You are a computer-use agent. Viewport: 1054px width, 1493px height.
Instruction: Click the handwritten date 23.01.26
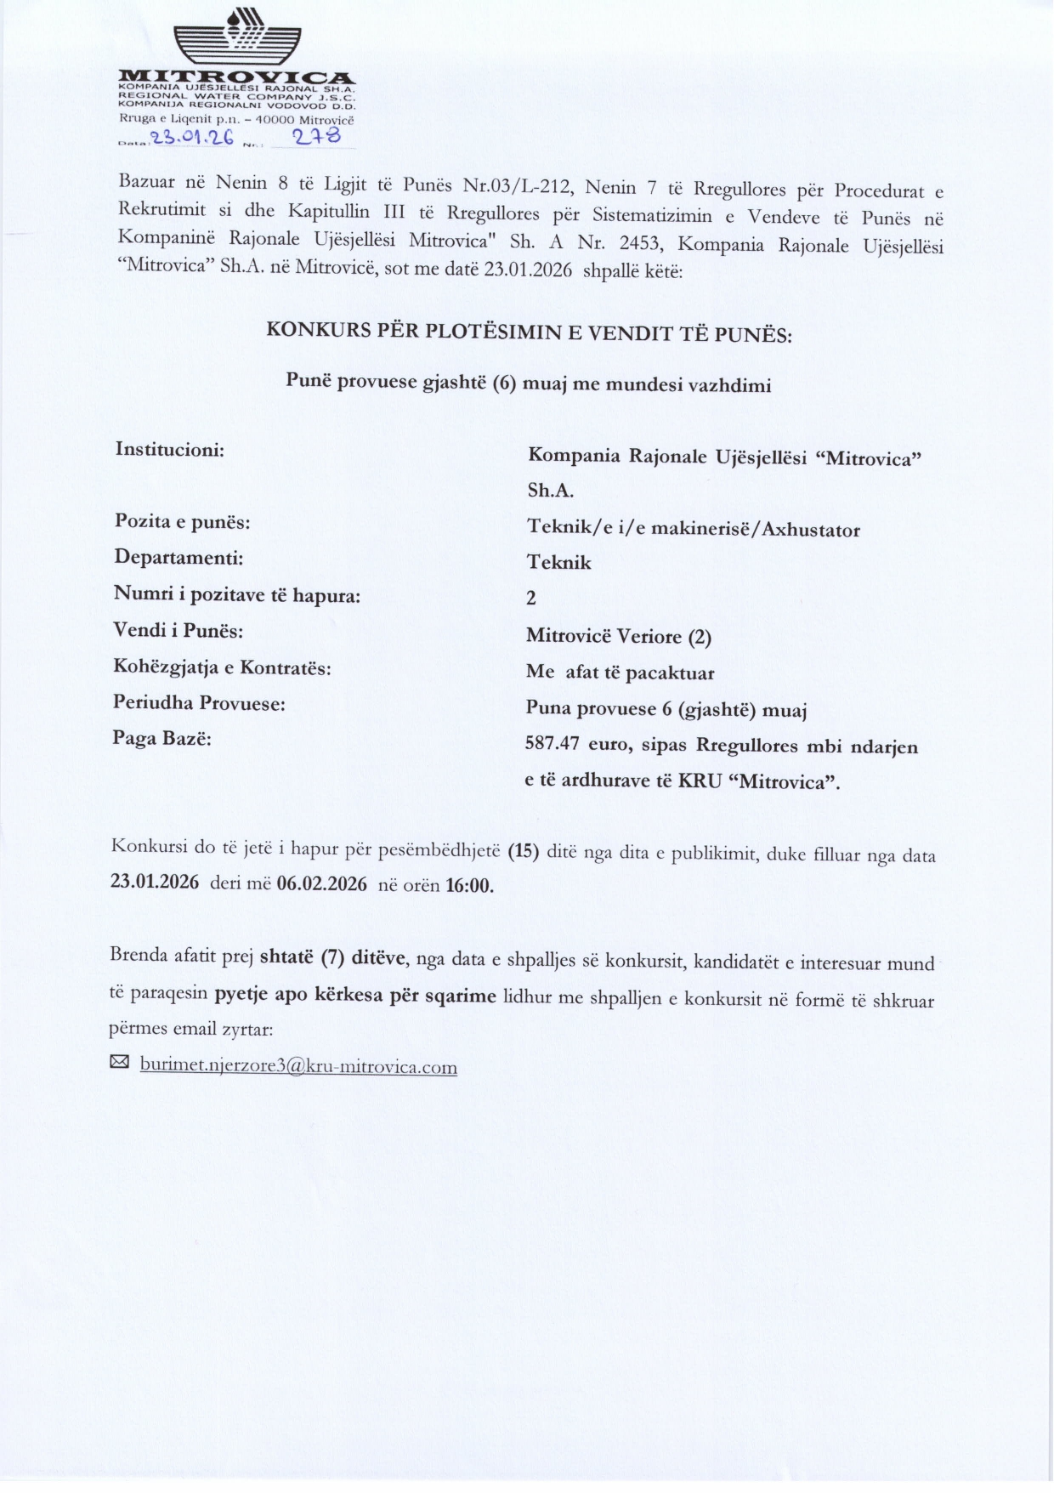click(191, 139)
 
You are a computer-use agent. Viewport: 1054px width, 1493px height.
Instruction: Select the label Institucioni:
click(170, 449)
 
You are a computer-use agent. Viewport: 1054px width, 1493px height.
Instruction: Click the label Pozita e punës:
click(183, 521)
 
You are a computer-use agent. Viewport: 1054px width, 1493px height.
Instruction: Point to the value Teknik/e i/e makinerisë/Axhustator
click(694, 529)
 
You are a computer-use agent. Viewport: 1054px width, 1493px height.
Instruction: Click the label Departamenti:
click(178, 558)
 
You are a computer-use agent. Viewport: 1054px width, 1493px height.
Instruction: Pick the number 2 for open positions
click(531, 599)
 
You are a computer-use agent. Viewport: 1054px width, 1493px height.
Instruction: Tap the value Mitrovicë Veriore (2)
click(619, 636)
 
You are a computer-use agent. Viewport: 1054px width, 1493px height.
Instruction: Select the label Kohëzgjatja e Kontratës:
click(222, 667)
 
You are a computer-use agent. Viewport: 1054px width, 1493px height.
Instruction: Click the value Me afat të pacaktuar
click(620, 673)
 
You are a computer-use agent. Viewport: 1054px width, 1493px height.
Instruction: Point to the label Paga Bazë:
click(162, 738)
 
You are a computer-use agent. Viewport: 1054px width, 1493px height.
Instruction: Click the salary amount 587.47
click(552, 744)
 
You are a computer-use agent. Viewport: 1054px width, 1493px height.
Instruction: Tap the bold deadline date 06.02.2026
click(322, 884)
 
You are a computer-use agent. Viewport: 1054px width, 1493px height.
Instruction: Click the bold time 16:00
click(469, 885)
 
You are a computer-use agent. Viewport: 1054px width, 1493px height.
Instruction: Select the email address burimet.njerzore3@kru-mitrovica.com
click(298, 1066)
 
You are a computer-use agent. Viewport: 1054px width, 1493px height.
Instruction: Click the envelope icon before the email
click(120, 1062)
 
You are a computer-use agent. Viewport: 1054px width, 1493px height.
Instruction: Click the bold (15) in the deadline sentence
click(524, 851)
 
